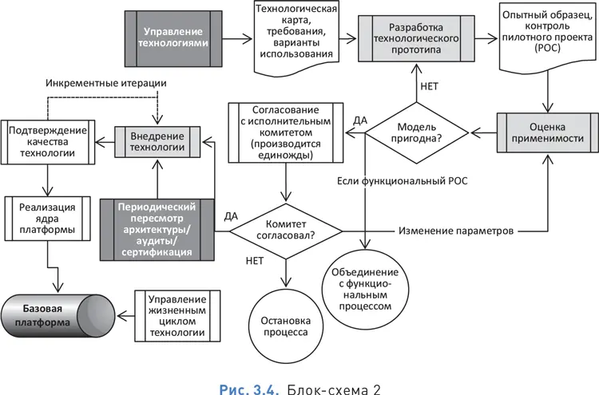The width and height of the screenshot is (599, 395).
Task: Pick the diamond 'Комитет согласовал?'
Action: pyautogui.click(x=286, y=230)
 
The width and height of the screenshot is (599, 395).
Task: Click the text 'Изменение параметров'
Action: pyautogui.click(x=454, y=231)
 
